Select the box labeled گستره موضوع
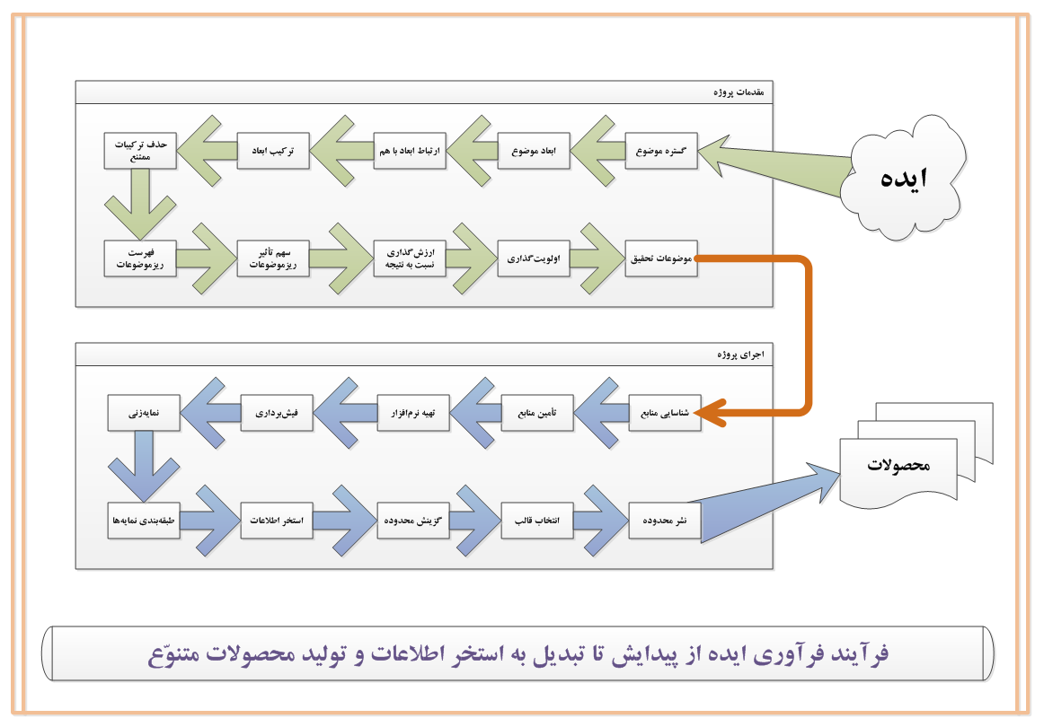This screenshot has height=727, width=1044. [661, 151]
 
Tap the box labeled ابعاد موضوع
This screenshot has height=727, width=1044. [534, 151]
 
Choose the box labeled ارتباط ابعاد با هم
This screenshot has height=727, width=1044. [410, 151]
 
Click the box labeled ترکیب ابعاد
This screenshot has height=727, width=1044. [273, 151]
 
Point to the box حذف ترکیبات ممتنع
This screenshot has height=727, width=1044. [140, 151]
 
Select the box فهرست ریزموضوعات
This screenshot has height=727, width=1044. [140, 258]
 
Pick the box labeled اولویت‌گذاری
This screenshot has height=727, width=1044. [534, 258]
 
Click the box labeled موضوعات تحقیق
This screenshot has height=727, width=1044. [661, 258]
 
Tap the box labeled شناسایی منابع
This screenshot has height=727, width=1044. [665, 413]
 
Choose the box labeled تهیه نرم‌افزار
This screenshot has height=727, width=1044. [413, 413]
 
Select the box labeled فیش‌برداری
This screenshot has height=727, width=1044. [277, 413]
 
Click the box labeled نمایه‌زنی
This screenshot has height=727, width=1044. [144, 413]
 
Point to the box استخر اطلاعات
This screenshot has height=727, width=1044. [277, 521]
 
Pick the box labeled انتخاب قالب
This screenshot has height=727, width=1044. [536, 521]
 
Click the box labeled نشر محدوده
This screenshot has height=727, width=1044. [665, 521]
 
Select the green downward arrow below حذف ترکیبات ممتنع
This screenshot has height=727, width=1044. [140, 204]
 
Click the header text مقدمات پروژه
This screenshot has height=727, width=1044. [739, 92]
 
